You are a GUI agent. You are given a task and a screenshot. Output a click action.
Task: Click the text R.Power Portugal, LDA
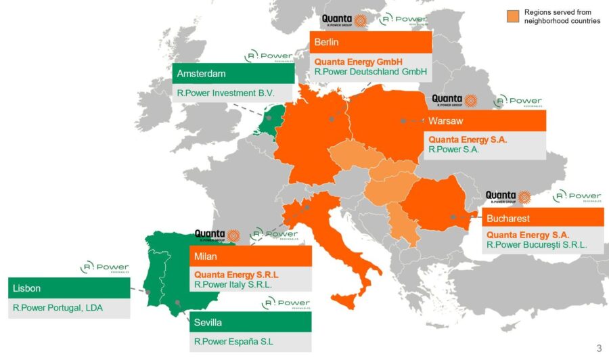(56, 308)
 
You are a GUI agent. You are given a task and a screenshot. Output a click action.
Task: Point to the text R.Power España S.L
(233, 342)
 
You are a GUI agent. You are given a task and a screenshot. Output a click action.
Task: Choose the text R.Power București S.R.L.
(537, 245)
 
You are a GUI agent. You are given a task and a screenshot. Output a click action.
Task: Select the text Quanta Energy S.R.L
(236, 275)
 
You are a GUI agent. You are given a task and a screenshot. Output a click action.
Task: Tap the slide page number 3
(598, 348)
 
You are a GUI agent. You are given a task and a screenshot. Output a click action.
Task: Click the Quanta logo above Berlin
(344, 20)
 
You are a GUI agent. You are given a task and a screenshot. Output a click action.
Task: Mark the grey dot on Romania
(453, 217)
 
